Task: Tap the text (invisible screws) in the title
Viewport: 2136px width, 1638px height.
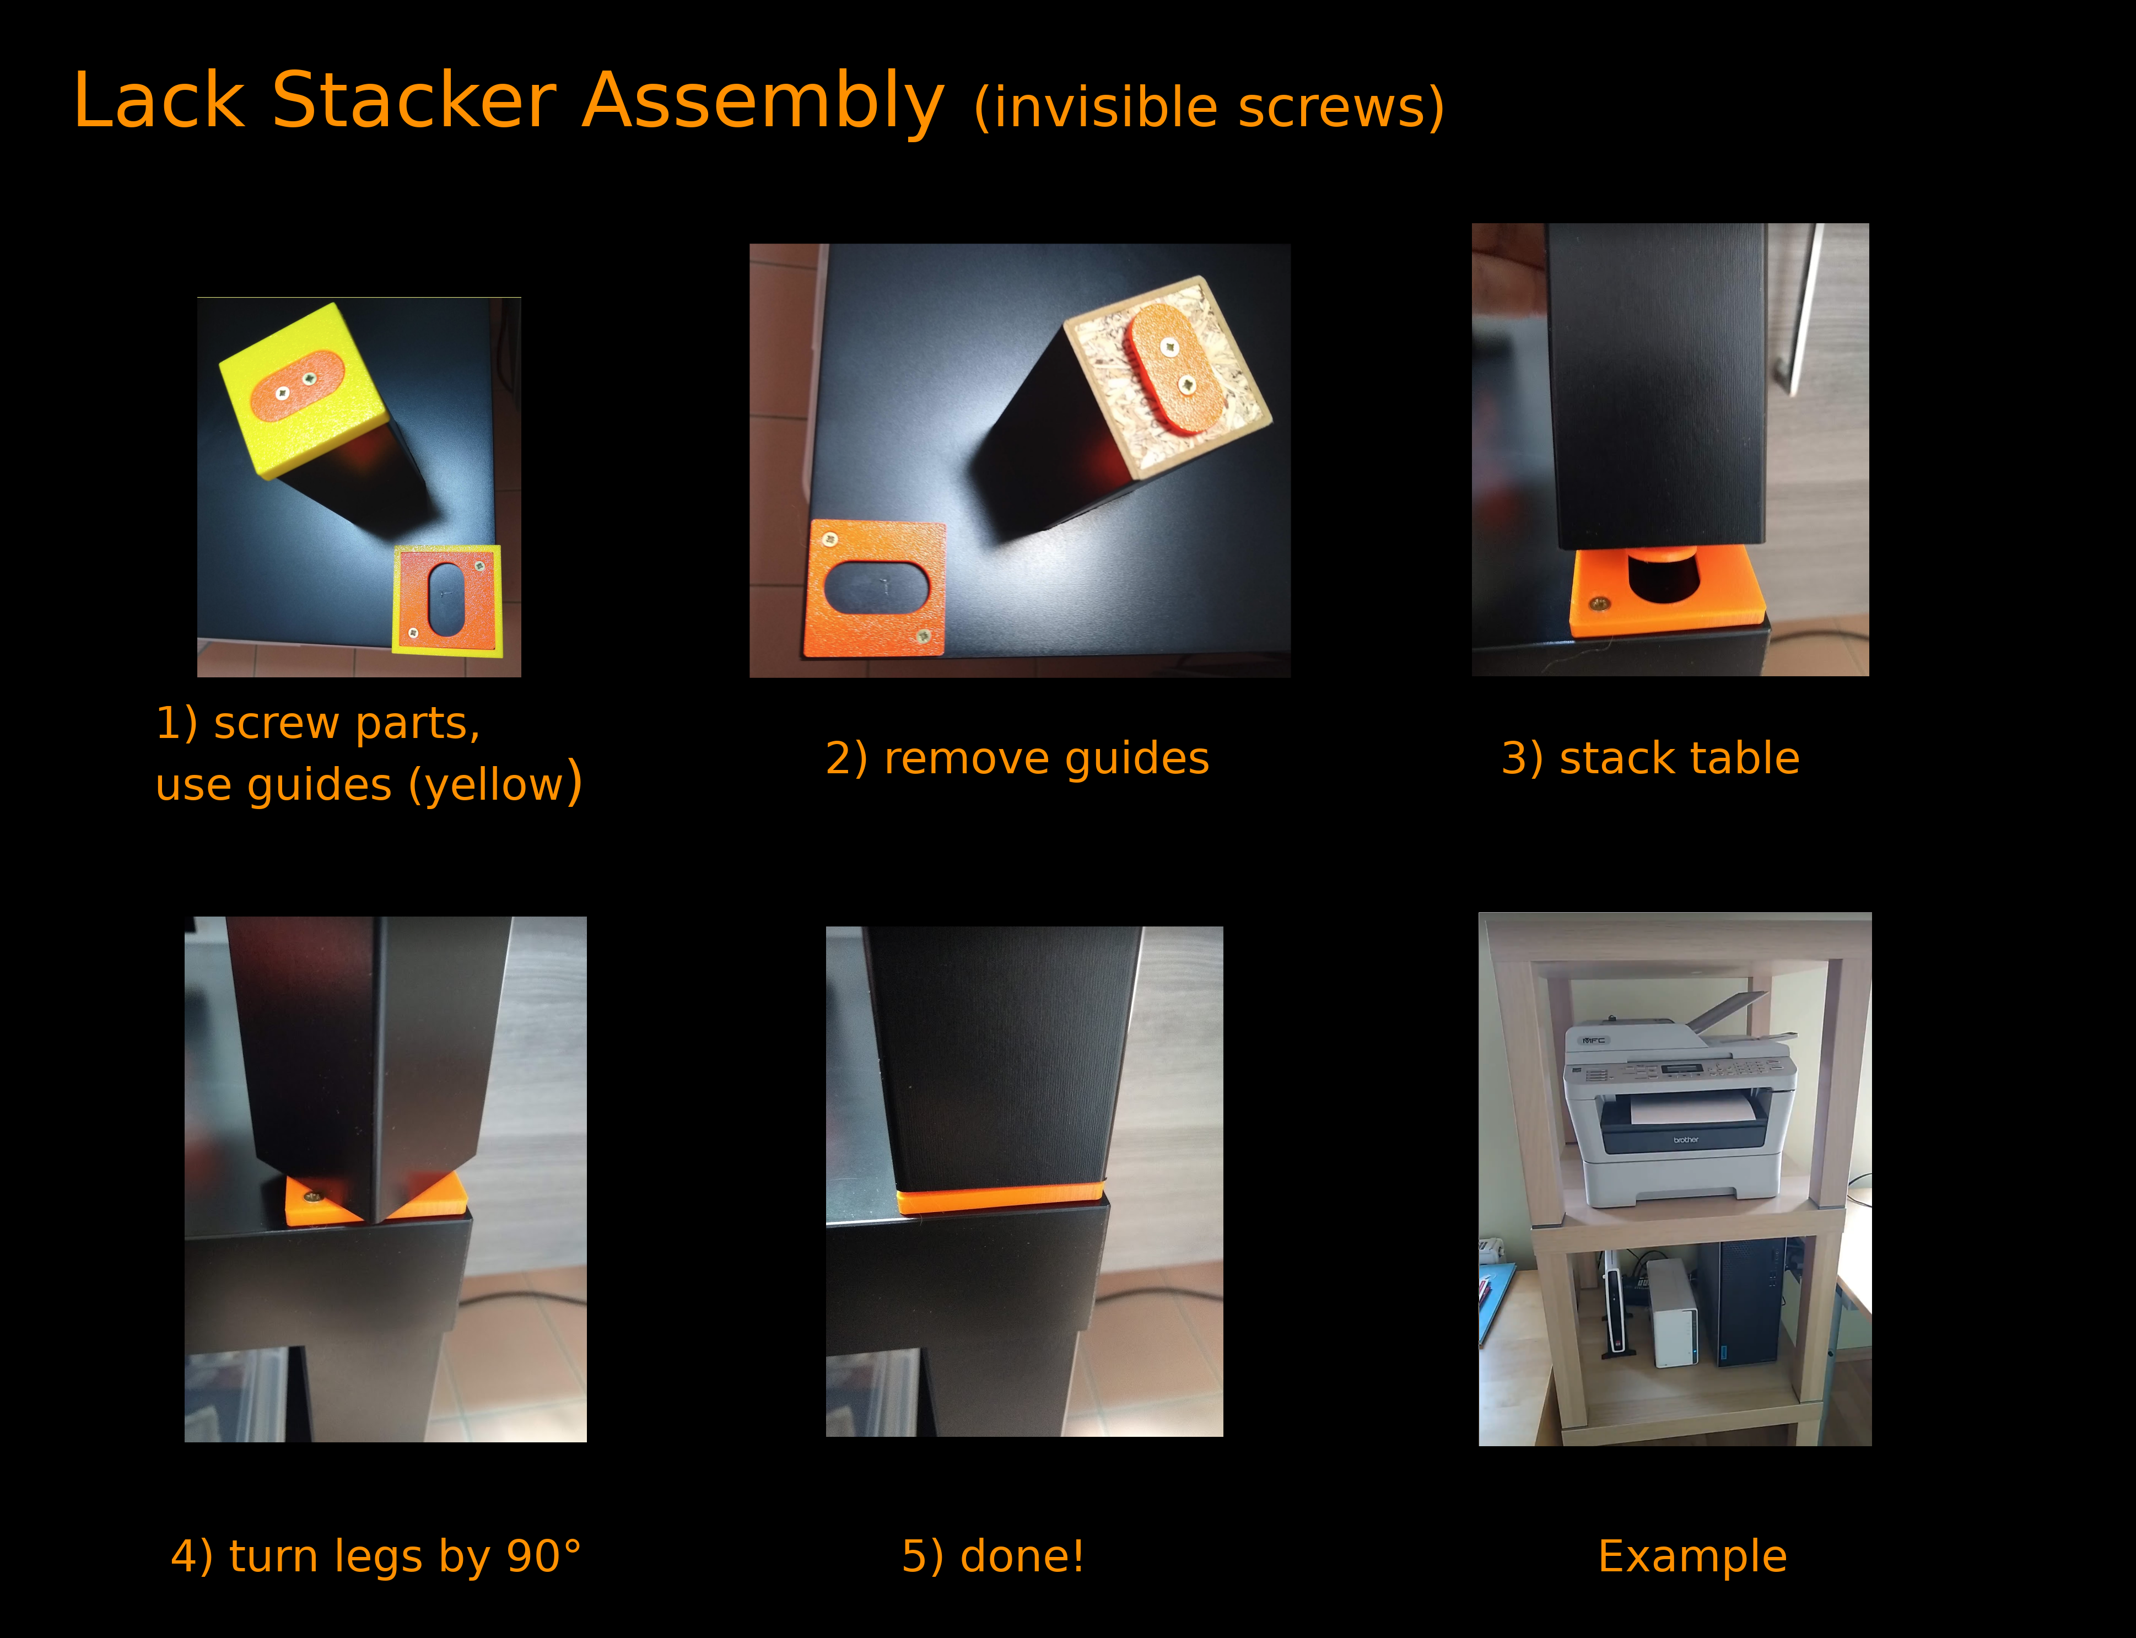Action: [x=1209, y=107]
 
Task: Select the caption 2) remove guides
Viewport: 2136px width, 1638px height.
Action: [x=1017, y=758]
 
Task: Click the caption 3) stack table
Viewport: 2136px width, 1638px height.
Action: [x=1649, y=758]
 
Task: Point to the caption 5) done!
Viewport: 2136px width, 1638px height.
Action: [x=993, y=1556]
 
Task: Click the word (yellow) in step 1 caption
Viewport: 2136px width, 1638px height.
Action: [x=495, y=784]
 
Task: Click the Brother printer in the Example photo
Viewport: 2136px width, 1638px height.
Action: [x=1679, y=1112]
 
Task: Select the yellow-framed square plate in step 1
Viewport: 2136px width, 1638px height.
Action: [x=447, y=601]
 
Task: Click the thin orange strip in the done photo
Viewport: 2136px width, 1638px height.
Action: [x=999, y=1198]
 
